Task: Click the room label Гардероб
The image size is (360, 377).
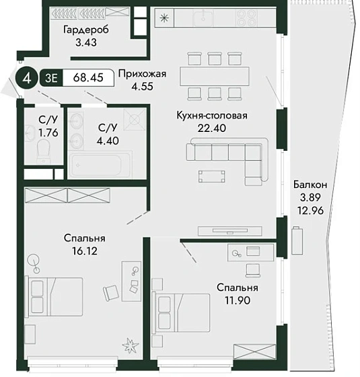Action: (86, 30)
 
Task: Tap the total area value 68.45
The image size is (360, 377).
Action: (88, 77)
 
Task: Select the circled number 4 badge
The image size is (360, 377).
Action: (28, 77)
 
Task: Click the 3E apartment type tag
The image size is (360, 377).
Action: (51, 77)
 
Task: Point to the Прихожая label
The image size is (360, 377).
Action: (142, 74)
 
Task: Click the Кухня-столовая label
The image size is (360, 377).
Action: (212, 115)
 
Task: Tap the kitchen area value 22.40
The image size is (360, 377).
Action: (212, 128)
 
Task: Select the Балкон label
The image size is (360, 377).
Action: (310, 184)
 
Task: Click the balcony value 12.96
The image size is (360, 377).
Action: (310, 211)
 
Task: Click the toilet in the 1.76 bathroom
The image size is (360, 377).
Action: (44, 151)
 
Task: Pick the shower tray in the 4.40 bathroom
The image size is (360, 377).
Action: (135, 119)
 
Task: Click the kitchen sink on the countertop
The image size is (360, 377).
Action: (203, 18)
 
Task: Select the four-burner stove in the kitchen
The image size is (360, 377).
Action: (247, 18)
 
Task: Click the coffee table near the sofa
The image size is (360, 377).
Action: (212, 176)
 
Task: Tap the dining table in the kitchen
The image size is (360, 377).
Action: (215, 76)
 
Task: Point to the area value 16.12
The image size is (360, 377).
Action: (85, 251)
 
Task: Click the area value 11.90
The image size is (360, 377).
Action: (238, 300)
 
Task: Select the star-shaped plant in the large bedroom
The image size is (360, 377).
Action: (131, 346)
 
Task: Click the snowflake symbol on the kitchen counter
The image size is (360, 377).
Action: (164, 18)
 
